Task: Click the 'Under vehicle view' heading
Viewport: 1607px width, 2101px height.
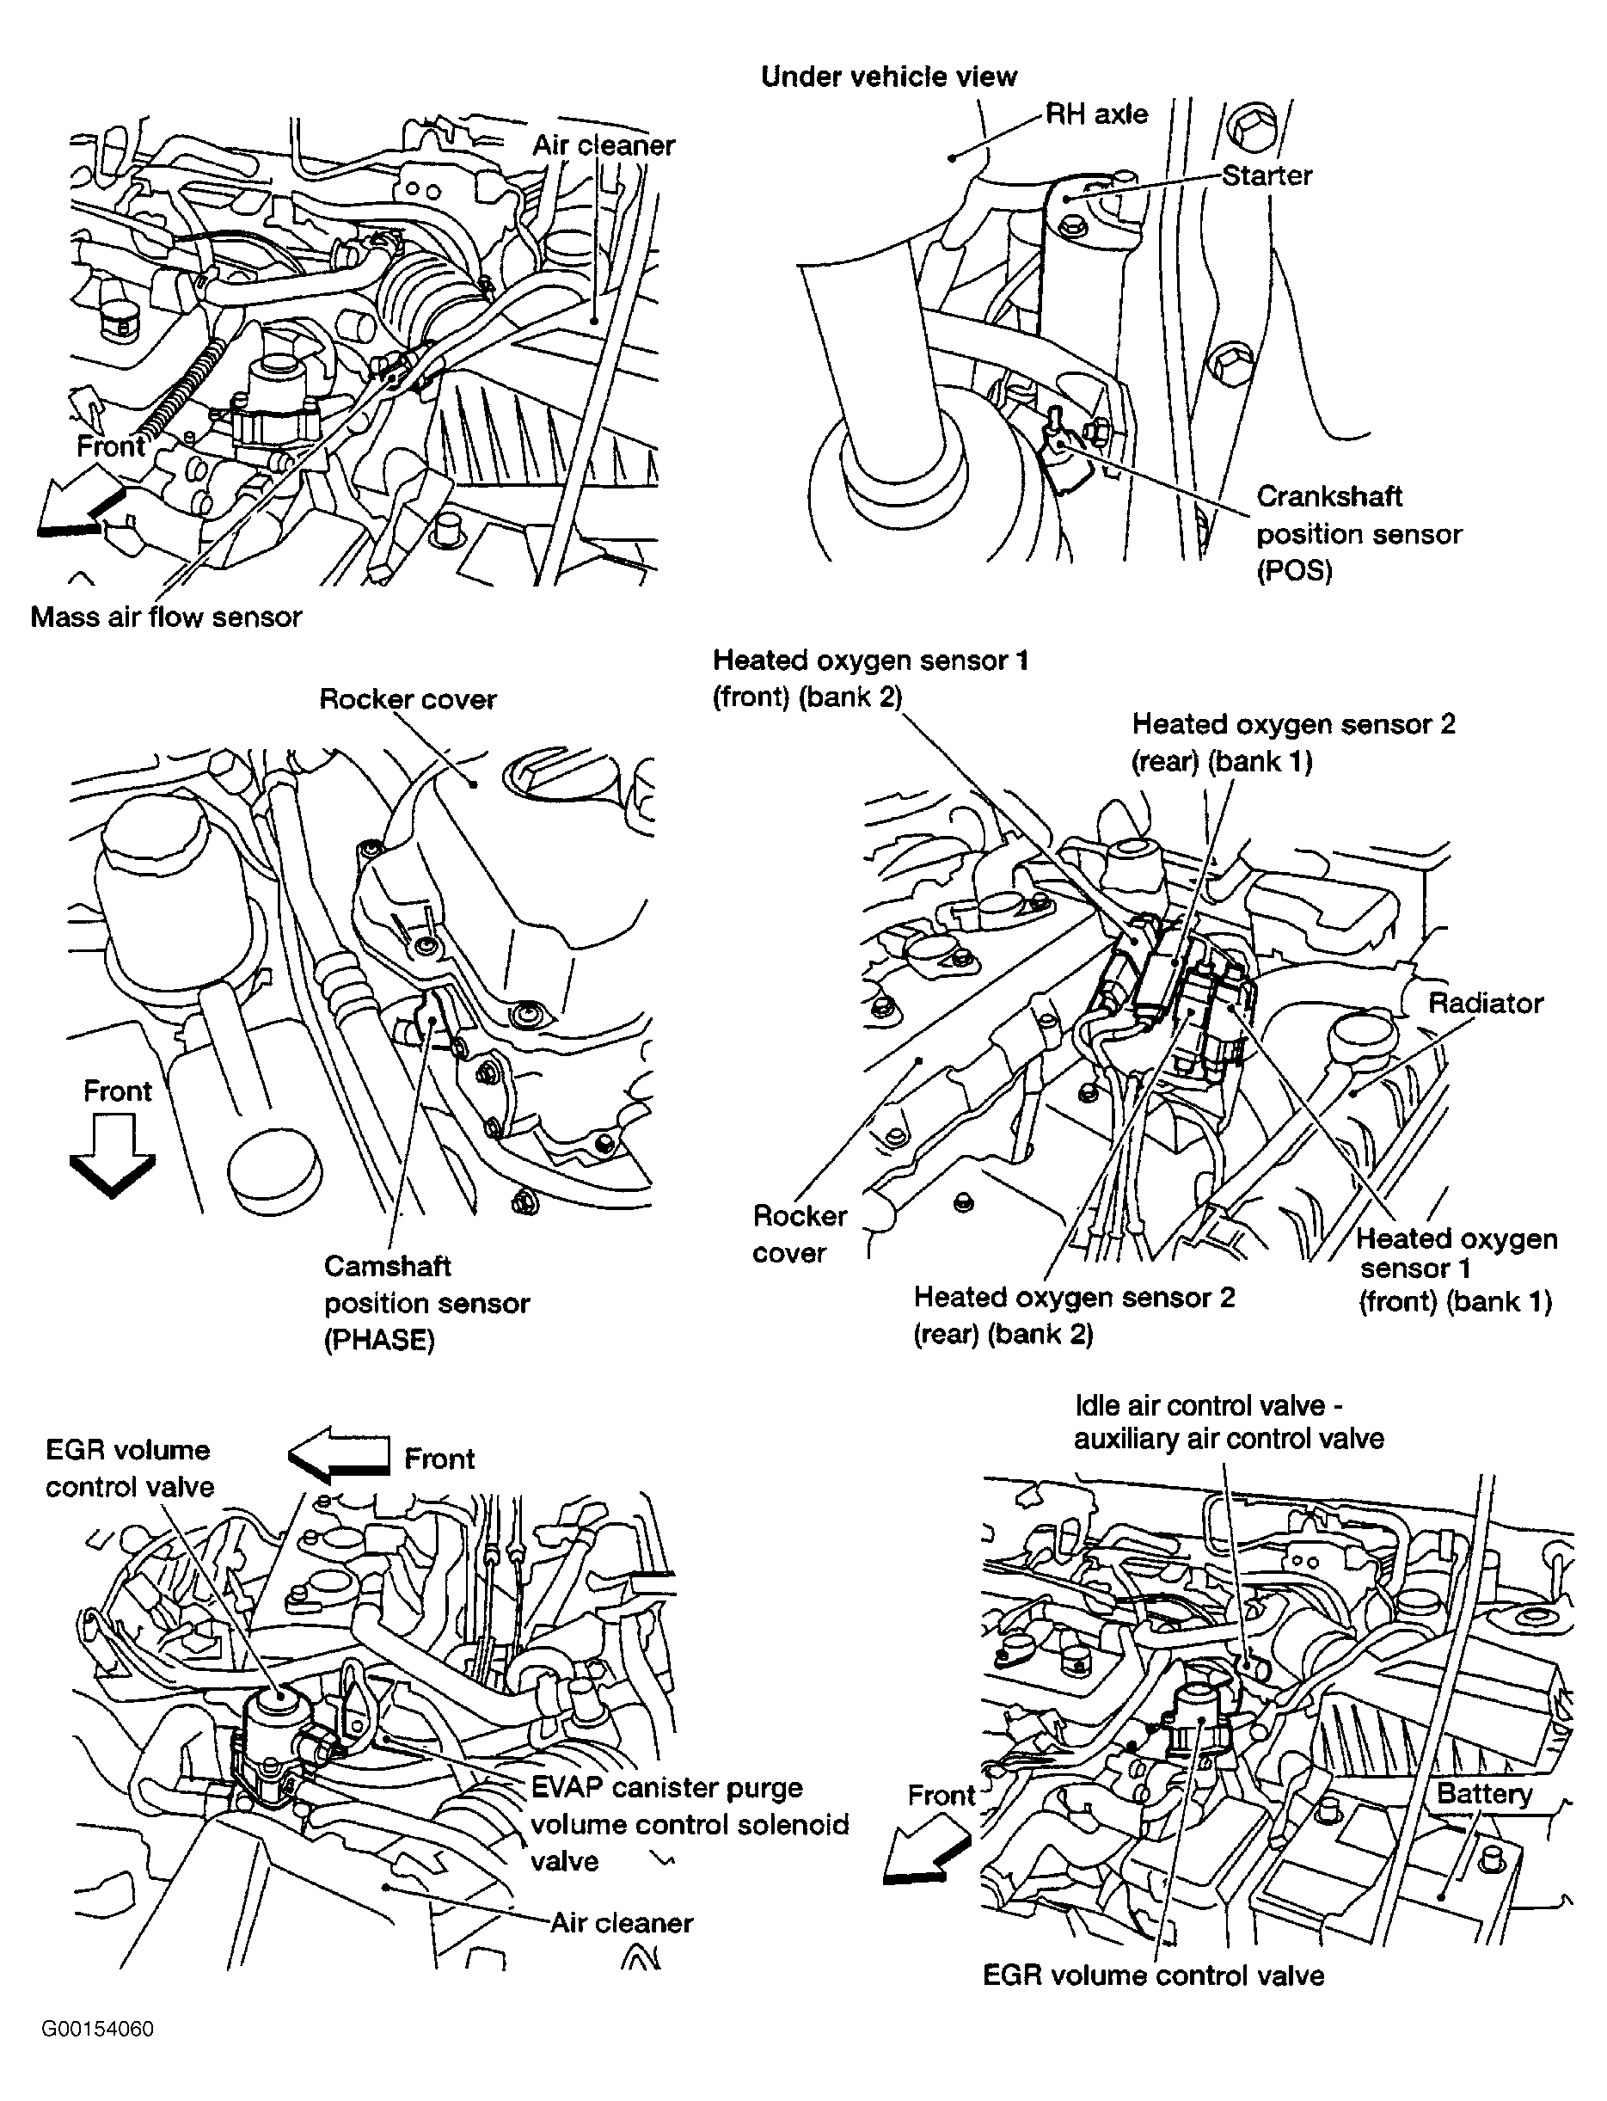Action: [x=889, y=77]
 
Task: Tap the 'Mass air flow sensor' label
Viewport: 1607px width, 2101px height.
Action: [x=167, y=617]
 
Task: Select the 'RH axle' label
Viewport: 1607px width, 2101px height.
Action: [x=1096, y=114]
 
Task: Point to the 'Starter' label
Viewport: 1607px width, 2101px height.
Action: [x=1267, y=176]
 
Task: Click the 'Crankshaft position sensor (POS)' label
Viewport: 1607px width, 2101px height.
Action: [x=1359, y=534]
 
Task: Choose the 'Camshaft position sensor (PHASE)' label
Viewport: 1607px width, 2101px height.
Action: [x=426, y=1302]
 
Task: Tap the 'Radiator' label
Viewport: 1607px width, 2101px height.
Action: [x=1486, y=1003]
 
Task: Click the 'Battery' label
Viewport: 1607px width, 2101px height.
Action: [x=1483, y=1794]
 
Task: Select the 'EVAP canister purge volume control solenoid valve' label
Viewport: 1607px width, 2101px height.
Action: [x=689, y=1823]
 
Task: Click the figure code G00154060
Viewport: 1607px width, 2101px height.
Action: [x=96, y=2030]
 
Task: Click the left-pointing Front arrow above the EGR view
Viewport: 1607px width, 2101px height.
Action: [x=340, y=1455]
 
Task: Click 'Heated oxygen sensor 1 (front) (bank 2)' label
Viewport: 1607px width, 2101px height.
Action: [x=869, y=679]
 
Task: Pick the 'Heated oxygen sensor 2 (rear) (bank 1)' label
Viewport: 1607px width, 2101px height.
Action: [x=1292, y=742]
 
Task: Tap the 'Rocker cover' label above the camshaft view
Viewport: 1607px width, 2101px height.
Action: [x=408, y=699]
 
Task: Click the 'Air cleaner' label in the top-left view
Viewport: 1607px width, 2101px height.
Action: [x=603, y=145]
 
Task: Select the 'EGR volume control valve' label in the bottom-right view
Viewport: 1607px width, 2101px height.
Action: [x=1154, y=1975]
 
